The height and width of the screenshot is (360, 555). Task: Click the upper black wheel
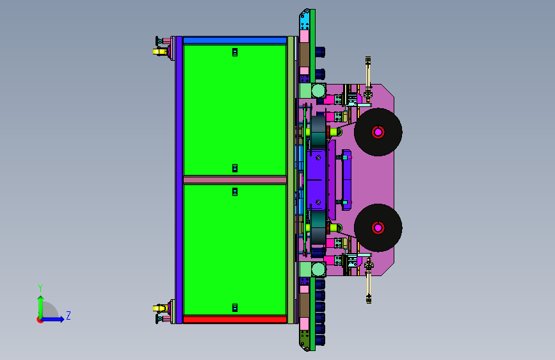click(x=378, y=132)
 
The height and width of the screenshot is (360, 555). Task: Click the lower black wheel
click(x=378, y=228)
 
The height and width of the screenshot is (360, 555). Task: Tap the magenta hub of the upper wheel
click(x=378, y=132)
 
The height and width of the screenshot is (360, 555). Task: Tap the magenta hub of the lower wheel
click(x=378, y=228)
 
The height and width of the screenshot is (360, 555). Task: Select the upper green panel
click(x=235, y=110)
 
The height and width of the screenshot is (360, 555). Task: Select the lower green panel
click(x=235, y=250)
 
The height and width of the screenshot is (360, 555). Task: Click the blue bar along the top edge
click(x=235, y=40)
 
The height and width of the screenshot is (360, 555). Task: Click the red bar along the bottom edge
click(x=235, y=319)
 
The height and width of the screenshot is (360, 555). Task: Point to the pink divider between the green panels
click(x=235, y=180)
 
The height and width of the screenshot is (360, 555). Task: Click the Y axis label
click(x=40, y=288)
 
